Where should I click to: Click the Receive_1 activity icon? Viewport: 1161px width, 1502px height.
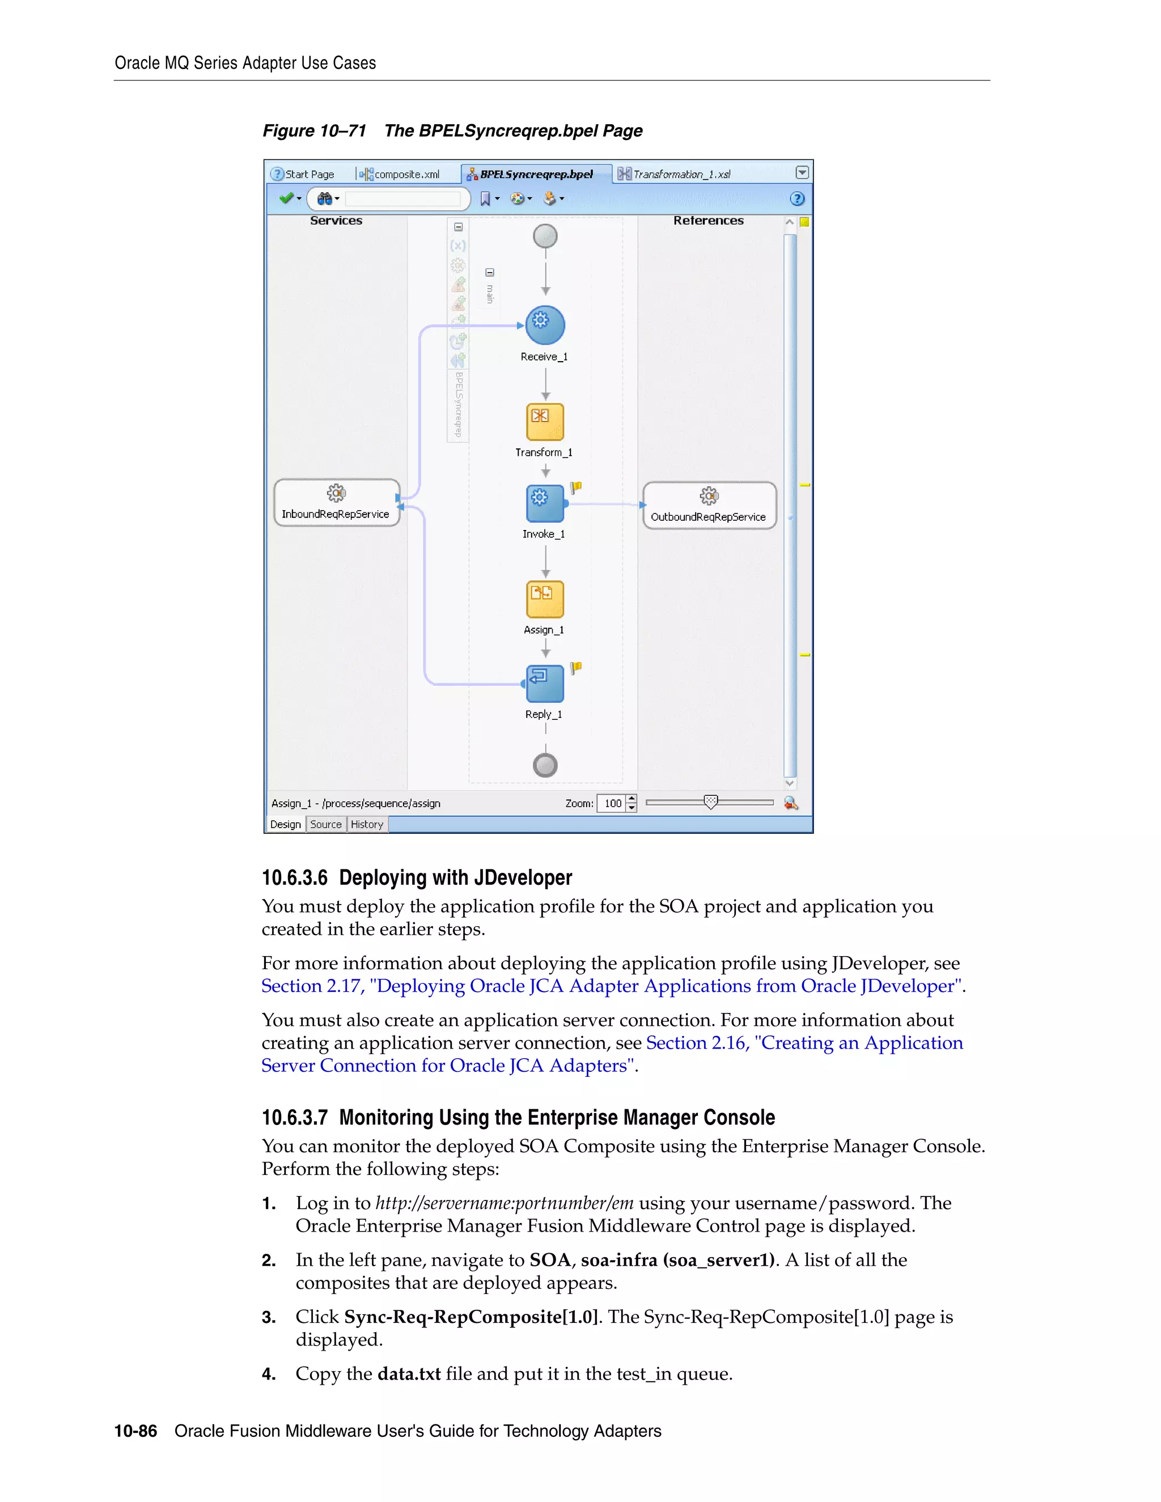[x=545, y=325]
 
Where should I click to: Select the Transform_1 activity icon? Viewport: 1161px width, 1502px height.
[x=545, y=422]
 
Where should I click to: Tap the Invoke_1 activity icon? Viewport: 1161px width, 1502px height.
[x=545, y=503]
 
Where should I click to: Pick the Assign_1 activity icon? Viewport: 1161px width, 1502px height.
[x=545, y=599]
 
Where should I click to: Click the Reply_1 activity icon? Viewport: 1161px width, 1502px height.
[x=545, y=684]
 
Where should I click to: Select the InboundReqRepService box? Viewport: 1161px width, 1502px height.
[x=336, y=503]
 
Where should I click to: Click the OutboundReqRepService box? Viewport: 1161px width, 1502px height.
[x=709, y=506]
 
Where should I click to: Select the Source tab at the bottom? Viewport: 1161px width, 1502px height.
[x=325, y=824]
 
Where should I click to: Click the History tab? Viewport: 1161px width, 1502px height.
[x=367, y=824]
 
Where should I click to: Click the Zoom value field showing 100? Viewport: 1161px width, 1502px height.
[x=612, y=803]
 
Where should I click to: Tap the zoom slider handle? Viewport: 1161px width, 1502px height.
[x=710, y=802]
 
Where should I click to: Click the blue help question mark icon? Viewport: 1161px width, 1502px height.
[x=797, y=199]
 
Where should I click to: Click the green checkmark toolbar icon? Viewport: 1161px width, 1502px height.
[x=286, y=198]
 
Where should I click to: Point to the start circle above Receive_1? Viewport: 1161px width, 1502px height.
[x=545, y=236]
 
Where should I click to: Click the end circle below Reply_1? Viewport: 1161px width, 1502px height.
[x=545, y=765]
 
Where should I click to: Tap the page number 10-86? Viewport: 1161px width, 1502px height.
[x=135, y=1431]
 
